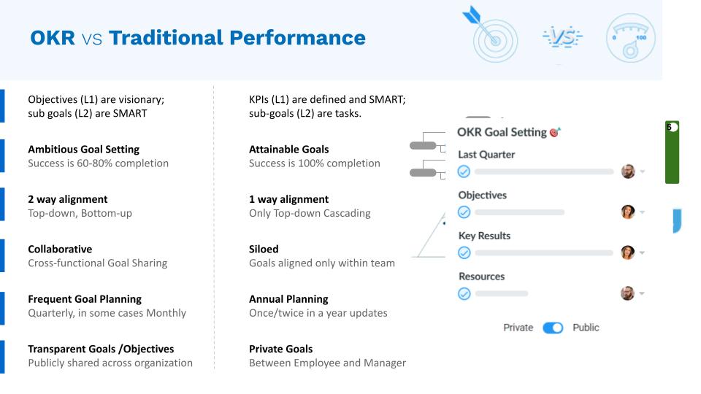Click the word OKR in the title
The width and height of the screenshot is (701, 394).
[x=53, y=37]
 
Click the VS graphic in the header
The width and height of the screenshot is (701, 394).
[x=562, y=37]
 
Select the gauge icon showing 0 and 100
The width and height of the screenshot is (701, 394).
[x=630, y=37]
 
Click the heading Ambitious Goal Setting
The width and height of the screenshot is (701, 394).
[x=83, y=149]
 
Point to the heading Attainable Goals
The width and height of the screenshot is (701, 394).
[x=289, y=149]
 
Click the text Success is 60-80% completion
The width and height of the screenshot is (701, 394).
[x=98, y=163]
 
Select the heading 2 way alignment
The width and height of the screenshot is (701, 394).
[x=67, y=199]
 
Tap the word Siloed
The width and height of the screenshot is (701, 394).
[x=264, y=249]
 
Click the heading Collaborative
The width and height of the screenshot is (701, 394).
[x=60, y=249]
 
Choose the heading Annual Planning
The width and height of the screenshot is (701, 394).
[x=288, y=299]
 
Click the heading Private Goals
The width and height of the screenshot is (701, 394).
[x=280, y=349]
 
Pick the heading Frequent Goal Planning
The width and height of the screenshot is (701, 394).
[x=85, y=299]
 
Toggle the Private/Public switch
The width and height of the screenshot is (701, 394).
[x=553, y=328]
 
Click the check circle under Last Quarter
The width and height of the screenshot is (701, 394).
[x=464, y=171]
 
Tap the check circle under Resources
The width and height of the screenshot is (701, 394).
[x=464, y=293]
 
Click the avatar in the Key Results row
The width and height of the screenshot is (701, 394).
[x=628, y=252]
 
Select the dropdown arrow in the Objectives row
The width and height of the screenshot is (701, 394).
[x=643, y=212]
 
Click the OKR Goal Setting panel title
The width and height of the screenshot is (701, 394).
[x=502, y=132]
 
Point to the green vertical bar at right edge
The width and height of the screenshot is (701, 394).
[x=672, y=152]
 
